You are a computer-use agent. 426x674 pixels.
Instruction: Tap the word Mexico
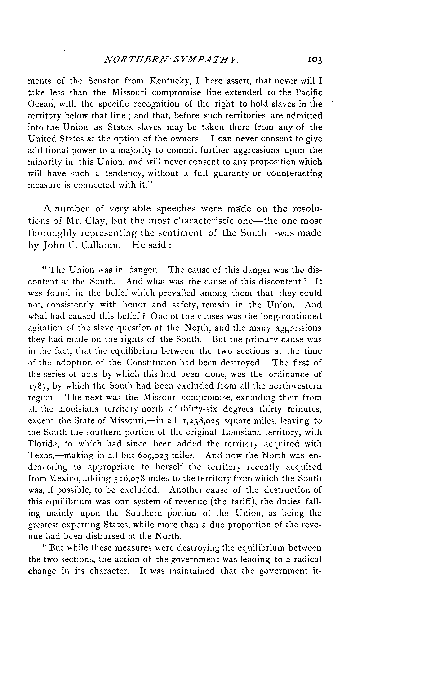65,478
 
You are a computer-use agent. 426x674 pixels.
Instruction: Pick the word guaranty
231,174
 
